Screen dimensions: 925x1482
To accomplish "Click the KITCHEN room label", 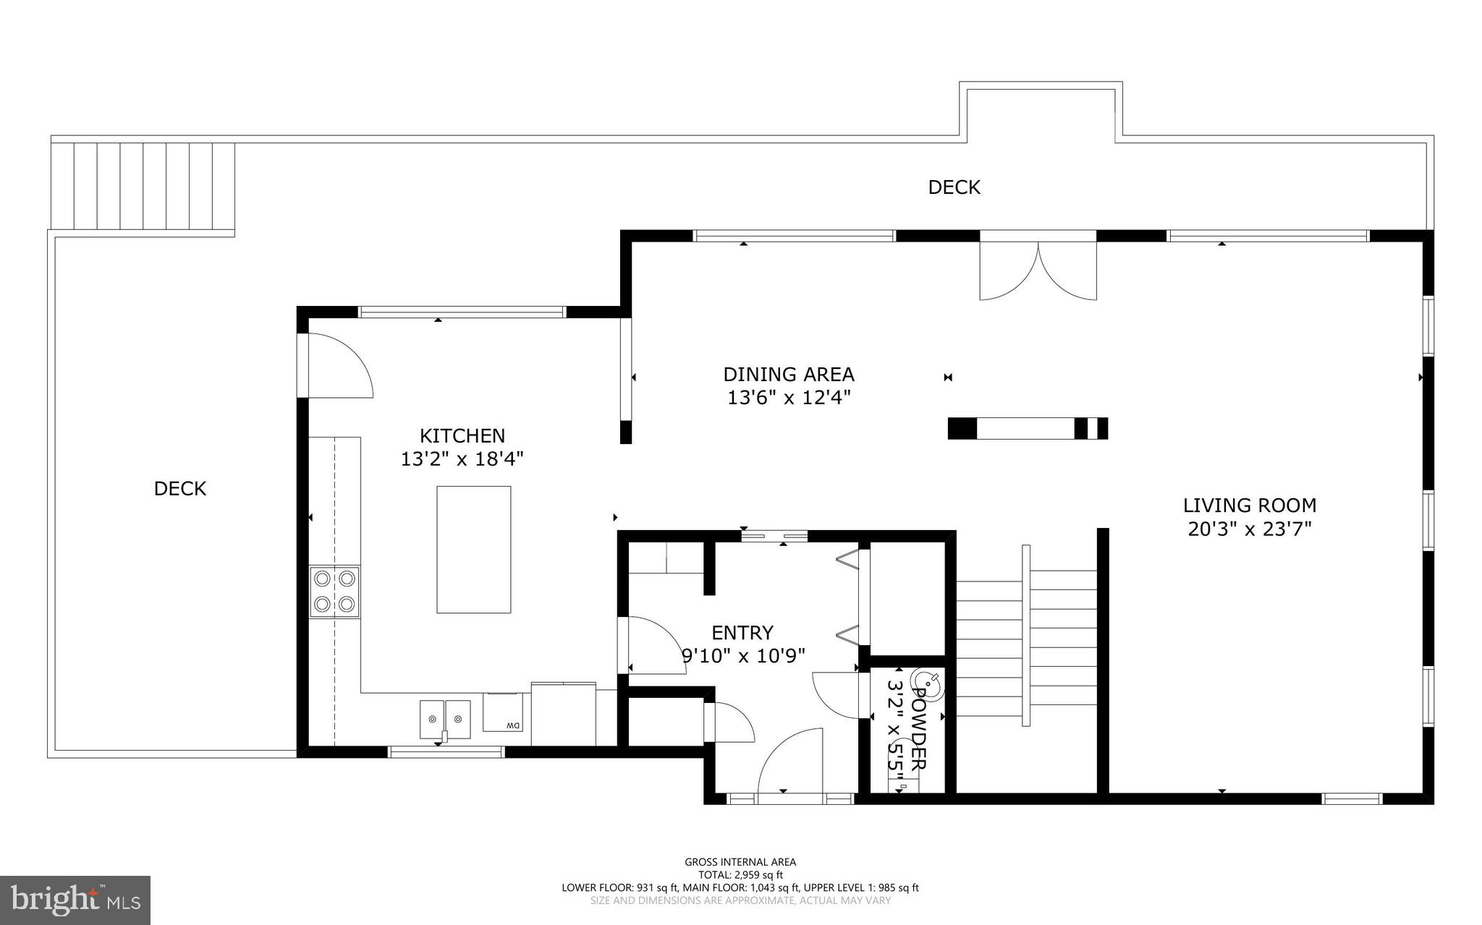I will click(462, 435).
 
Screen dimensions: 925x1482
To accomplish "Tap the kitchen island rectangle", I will click(473, 550).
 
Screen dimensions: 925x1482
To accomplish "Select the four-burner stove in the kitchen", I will click(335, 592).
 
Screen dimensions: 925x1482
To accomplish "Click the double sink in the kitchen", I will click(444, 719).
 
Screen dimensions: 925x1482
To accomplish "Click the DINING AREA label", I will click(788, 374).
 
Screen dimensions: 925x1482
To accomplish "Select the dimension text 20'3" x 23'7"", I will click(1249, 529).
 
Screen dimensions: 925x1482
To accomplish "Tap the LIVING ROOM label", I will click(1249, 505).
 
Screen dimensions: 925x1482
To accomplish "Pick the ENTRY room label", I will click(742, 633).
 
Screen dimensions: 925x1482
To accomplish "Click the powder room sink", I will click(927, 684).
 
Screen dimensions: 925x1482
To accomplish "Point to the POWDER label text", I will click(918, 728).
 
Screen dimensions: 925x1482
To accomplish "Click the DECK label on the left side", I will click(180, 488).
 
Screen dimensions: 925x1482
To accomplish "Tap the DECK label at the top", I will click(954, 187).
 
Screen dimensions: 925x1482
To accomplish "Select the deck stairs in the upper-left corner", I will click(143, 186).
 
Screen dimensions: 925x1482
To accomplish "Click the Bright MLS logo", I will click(75, 900).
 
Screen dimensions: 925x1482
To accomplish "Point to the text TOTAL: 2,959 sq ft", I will click(740, 874).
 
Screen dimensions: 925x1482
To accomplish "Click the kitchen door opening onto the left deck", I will click(337, 366).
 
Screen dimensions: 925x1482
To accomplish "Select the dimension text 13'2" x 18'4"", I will click(462, 459).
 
